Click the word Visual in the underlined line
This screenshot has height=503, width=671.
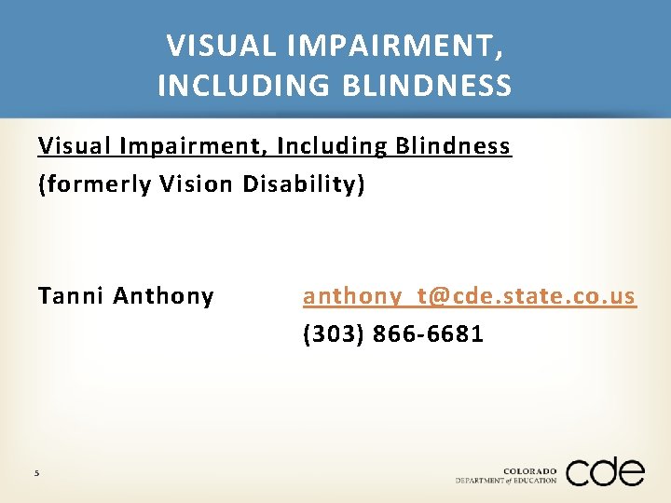coord(66,146)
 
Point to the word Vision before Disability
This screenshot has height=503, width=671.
coord(194,184)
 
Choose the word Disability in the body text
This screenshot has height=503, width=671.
coord(304,184)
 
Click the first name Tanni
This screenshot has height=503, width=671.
coord(71,296)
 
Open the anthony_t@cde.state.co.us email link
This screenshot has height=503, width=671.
coord(469,296)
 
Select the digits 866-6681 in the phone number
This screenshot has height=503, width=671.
coord(428,333)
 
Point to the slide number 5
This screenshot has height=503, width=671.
coord(36,473)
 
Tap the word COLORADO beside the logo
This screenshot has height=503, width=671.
coord(529,471)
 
